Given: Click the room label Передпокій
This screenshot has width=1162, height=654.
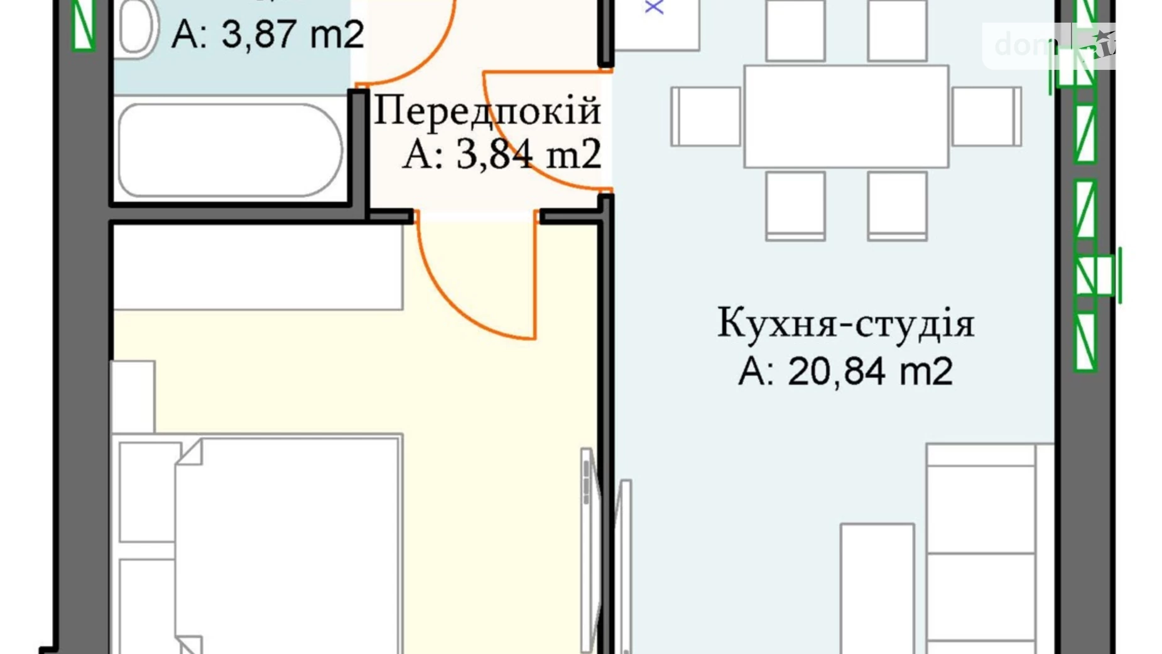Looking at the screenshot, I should point(487,112).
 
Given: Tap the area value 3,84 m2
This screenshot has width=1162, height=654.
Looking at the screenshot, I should point(502,154).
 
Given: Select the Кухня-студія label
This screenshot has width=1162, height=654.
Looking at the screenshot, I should point(845,324).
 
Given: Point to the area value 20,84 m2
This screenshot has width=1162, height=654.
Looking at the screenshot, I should point(845,371).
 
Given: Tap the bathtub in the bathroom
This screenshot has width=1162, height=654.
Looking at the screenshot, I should point(231,150).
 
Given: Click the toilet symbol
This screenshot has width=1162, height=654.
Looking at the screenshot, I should point(136,28).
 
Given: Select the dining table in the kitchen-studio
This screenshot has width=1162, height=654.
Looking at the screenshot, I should point(846,116).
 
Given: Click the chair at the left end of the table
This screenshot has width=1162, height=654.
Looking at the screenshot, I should point(705,116).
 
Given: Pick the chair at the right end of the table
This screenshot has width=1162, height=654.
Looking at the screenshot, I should point(986,116).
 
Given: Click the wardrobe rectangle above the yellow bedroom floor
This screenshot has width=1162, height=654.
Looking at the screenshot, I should point(258,267).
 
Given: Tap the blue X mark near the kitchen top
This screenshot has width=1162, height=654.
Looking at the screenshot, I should point(654,7).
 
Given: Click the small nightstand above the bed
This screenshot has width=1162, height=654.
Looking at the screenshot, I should point(133,396).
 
